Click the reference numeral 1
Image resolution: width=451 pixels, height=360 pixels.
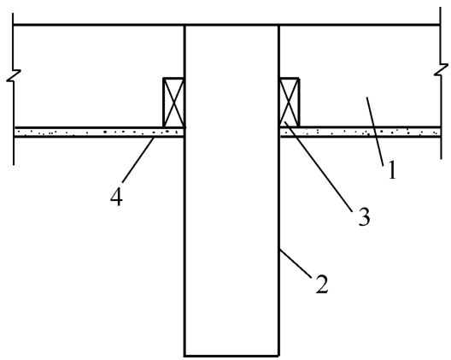(392, 170)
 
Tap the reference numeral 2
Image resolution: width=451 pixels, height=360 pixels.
(322, 284)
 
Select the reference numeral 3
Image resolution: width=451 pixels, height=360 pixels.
(364, 216)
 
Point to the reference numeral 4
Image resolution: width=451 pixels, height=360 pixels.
(116, 197)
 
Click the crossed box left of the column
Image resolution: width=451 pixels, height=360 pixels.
(173, 103)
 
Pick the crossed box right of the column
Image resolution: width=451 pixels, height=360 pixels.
(290, 103)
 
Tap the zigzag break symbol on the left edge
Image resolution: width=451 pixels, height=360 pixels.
(14, 75)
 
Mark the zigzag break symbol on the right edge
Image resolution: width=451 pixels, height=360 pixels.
(441, 70)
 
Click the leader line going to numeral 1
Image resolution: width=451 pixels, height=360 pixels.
(375, 132)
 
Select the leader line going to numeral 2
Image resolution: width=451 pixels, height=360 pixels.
(296, 263)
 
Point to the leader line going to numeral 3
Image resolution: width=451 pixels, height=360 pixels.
(318, 167)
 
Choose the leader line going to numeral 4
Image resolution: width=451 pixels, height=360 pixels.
(138, 160)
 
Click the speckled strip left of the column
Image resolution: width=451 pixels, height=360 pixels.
(99, 133)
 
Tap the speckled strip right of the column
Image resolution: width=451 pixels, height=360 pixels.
(360, 133)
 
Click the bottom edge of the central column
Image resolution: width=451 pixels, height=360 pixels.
(231, 356)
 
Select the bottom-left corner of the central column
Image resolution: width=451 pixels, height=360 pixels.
(184, 356)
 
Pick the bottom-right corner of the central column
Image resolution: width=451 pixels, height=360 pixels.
(278, 356)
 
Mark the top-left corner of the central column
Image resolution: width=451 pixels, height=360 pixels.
(184, 26)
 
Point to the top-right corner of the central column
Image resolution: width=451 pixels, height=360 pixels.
(278, 26)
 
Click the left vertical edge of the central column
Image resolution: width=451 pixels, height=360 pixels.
(184, 191)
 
